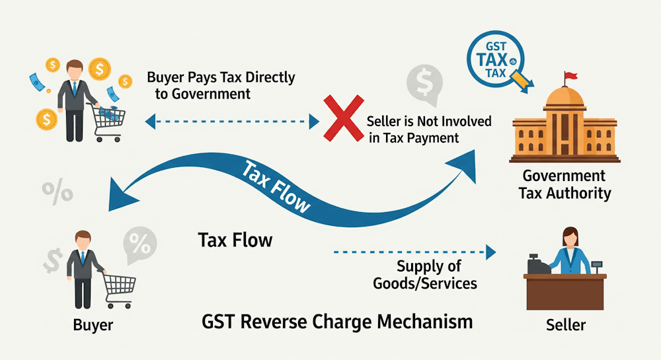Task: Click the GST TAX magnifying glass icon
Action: [x=496, y=60]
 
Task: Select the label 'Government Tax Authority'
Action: [x=564, y=184]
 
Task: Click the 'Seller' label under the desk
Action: [x=566, y=325]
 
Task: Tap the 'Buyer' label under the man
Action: [x=93, y=325]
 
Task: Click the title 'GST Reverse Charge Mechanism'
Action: [x=336, y=322]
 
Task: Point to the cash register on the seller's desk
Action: [x=536, y=264]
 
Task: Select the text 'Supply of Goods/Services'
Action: [x=425, y=275]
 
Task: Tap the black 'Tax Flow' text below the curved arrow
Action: [x=235, y=239]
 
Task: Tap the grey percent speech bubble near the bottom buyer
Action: [x=139, y=244]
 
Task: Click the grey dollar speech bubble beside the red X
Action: [x=421, y=83]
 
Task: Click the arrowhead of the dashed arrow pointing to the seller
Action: [x=490, y=252]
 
